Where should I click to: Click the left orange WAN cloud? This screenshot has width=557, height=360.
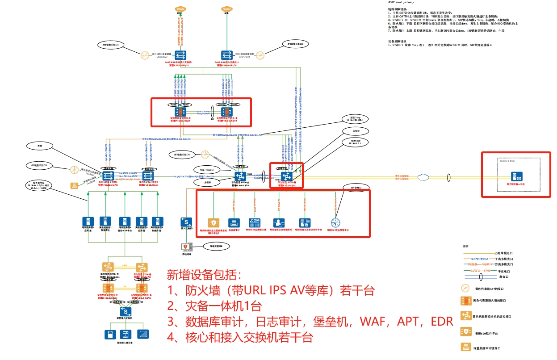(180, 9)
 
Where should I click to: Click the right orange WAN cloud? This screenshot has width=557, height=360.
(226, 9)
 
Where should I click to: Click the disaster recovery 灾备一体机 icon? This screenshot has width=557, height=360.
(520, 176)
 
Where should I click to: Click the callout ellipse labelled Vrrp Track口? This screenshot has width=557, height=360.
(207, 170)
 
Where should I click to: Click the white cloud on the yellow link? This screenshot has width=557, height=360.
(422, 177)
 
